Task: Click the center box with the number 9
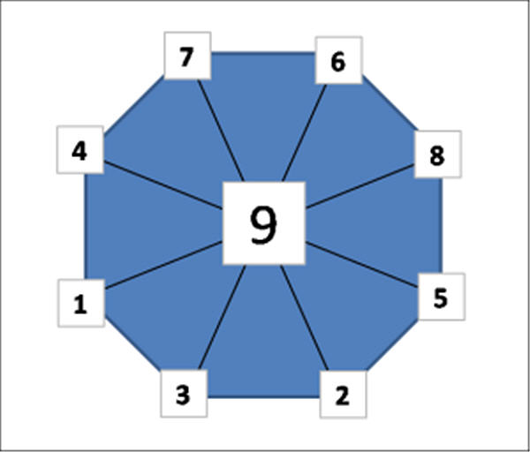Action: point(263,223)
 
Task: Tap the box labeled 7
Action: point(187,56)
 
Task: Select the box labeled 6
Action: point(338,60)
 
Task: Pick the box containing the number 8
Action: point(438,154)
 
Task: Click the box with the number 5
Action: point(442,297)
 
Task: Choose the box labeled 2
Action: point(343,395)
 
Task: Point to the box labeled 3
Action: point(184,394)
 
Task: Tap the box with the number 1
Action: point(81,303)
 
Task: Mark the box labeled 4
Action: point(80,150)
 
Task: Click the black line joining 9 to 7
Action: point(220,131)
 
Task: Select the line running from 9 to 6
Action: point(305,132)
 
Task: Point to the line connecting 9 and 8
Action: point(360,185)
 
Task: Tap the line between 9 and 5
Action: point(361,265)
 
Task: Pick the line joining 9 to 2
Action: point(304,318)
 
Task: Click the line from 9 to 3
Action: point(222,318)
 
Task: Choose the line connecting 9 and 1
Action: point(163,265)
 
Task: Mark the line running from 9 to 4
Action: point(163,185)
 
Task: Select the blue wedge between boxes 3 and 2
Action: point(263,338)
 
